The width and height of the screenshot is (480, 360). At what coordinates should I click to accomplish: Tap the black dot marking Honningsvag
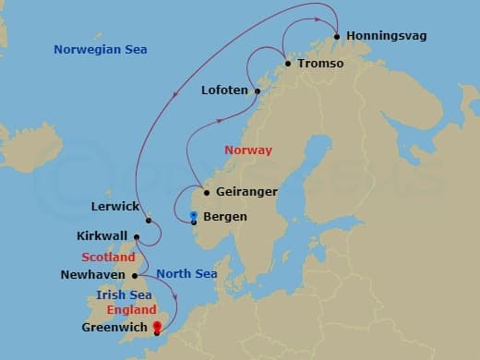pyautogui.click(x=337, y=37)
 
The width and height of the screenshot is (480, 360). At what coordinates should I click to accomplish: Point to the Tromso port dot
pyautogui.click(x=289, y=64)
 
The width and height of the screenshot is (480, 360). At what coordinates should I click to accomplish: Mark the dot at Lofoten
pyautogui.click(x=258, y=90)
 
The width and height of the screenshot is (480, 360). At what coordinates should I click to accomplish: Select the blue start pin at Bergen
pyautogui.click(x=193, y=216)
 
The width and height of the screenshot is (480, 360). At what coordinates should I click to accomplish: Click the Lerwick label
pyautogui.click(x=115, y=206)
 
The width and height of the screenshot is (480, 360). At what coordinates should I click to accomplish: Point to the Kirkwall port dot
pyautogui.click(x=148, y=221)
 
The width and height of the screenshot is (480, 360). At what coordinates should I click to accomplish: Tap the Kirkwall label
pyautogui.click(x=103, y=236)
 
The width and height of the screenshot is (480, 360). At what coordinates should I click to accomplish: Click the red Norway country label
pyautogui.click(x=248, y=150)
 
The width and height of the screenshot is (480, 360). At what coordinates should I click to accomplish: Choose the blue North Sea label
pyautogui.click(x=186, y=273)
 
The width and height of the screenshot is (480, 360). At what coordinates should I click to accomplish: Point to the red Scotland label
pyautogui.click(x=108, y=257)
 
